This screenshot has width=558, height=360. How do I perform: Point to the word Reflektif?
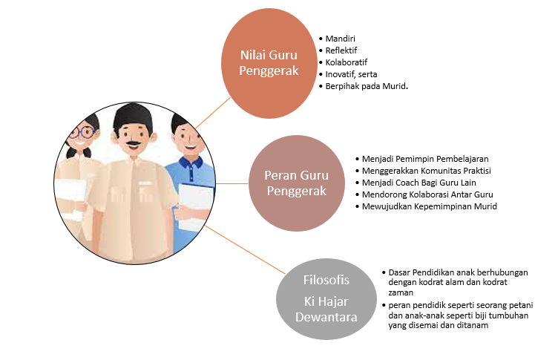tap(342, 50)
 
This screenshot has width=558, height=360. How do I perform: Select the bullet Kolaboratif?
tap(347, 62)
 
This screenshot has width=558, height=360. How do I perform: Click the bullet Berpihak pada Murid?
tap(367, 86)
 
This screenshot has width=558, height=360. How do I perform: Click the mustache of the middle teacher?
tap(133, 142)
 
